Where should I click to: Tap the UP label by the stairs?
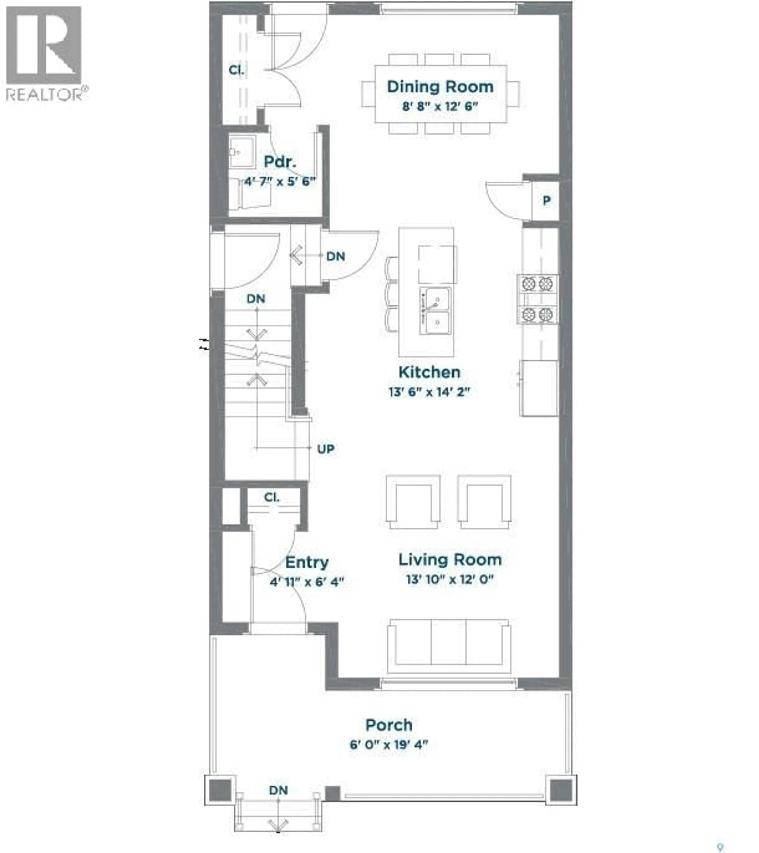pos(326,449)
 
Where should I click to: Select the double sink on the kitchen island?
pos(435,311)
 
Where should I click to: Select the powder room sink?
pos(242,151)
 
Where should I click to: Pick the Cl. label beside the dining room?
pos(236,70)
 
